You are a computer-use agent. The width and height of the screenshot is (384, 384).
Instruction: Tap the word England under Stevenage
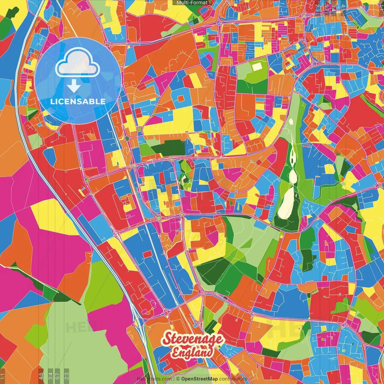[x=193, y=352]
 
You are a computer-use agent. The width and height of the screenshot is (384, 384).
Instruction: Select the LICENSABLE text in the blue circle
[x=78, y=101]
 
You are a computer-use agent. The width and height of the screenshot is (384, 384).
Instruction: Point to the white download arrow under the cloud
[x=73, y=86]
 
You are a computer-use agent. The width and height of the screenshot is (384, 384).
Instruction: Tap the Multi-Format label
[x=192, y=3]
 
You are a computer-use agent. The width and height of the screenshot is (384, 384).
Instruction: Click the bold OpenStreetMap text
[x=199, y=379]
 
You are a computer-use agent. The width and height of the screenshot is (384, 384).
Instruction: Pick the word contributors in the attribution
[x=233, y=379]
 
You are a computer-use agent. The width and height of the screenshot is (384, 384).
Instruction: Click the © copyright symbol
[x=178, y=379]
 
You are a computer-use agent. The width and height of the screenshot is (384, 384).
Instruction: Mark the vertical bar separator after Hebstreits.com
[x=174, y=379]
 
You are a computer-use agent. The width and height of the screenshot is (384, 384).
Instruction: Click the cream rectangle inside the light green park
[x=257, y=66]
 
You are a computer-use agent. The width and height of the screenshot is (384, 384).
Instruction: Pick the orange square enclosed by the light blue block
[x=181, y=99]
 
